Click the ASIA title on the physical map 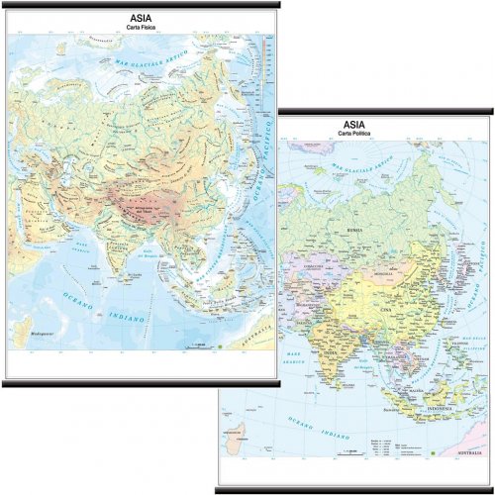142,16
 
